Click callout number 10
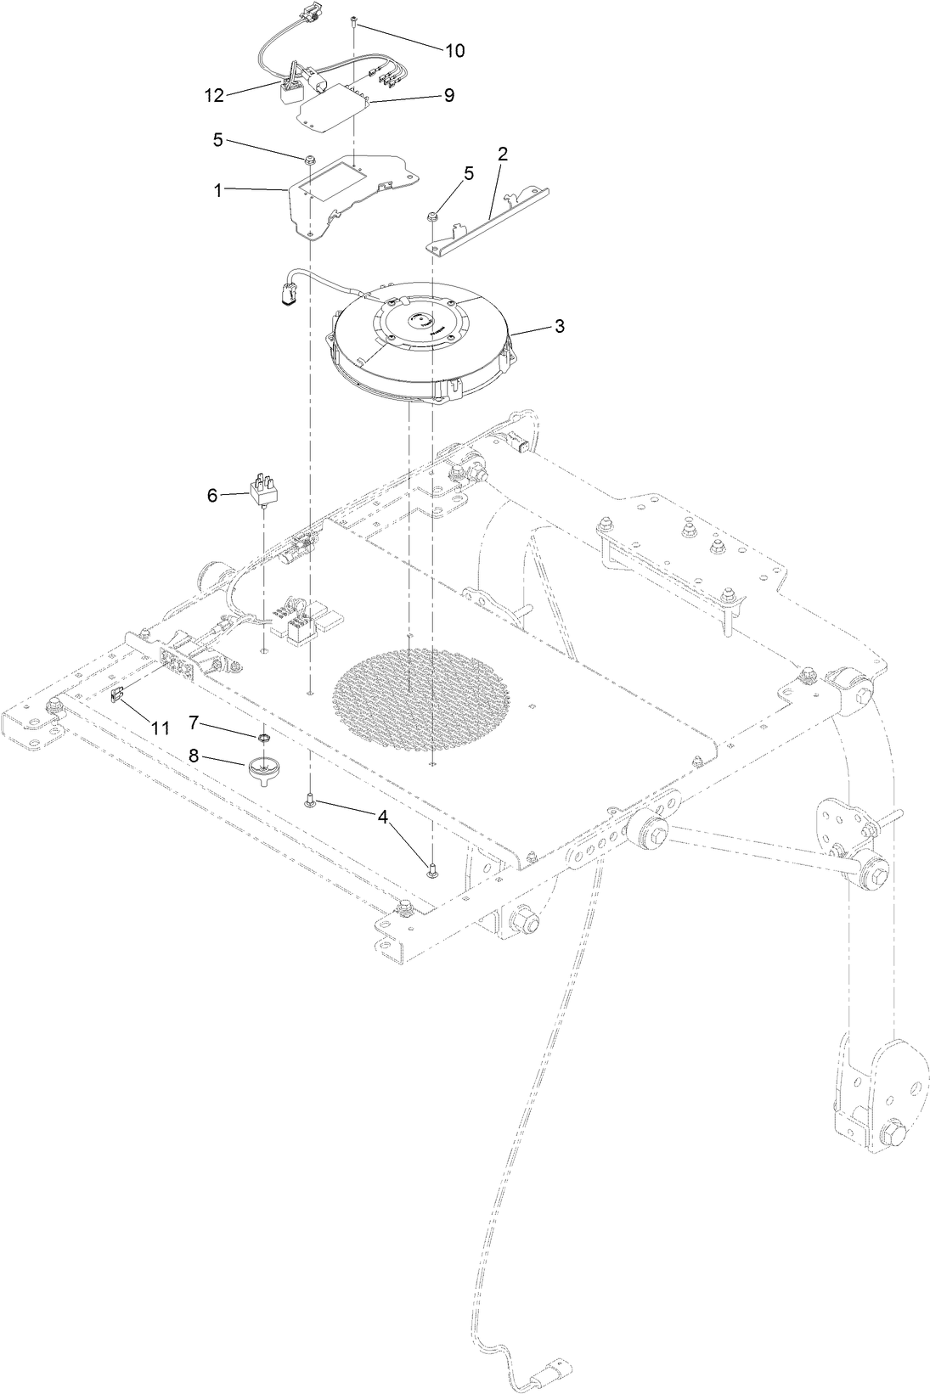pyautogui.click(x=455, y=51)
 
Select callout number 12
pyautogui.click(x=214, y=96)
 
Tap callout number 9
pyautogui.click(x=448, y=95)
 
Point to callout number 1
pyautogui.click(x=217, y=191)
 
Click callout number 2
pyautogui.click(x=503, y=154)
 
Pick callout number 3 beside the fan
pyautogui.click(x=559, y=326)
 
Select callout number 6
pyautogui.click(x=212, y=495)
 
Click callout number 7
pyautogui.click(x=194, y=722)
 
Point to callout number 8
pyautogui.click(x=194, y=756)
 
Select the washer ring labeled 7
pyautogui.click(x=265, y=739)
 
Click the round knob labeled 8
pyautogui.click(x=262, y=770)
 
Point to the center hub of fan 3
pyautogui.click(x=420, y=322)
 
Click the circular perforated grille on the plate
pyautogui.click(x=423, y=687)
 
